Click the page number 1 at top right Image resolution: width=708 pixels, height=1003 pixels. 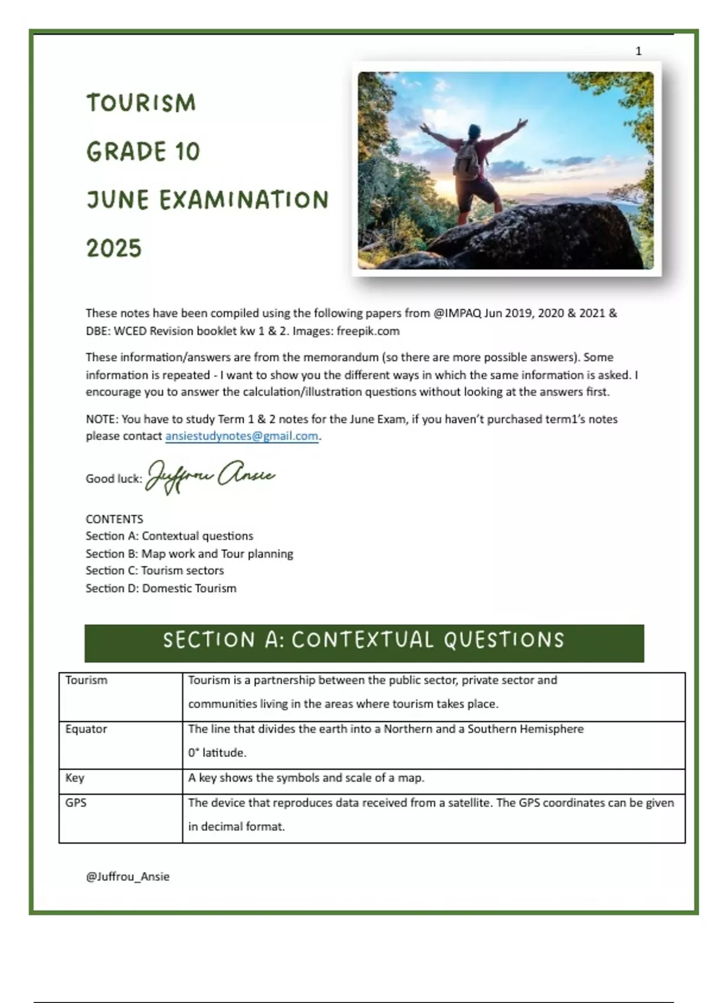click(x=638, y=51)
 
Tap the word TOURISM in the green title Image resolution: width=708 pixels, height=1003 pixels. click(x=141, y=103)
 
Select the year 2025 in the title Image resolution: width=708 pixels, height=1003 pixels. click(x=114, y=248)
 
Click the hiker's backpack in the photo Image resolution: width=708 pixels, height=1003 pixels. click(x=467, y=158)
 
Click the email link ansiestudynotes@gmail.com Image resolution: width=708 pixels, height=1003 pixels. click(x=241, y=436)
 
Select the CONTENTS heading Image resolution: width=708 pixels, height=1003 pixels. click(x=114, y=519)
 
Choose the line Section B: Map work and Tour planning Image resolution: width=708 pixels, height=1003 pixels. click(x=189, y=553)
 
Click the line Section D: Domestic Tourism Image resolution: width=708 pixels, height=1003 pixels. click(x=160, y=588)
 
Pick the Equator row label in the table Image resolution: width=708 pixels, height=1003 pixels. click(x=86, y=729)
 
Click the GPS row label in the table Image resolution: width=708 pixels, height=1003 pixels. click(x=76, y=802)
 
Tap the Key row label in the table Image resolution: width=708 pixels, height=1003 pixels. click(x=75, y=778)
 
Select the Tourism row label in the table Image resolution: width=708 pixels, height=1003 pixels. click(x=86, y=680)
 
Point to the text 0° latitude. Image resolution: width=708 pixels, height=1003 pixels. click(x=217, y=753)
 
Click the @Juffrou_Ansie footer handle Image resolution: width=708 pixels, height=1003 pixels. click(x=127, y=877)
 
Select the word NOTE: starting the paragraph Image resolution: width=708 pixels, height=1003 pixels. click(x=102, y=419)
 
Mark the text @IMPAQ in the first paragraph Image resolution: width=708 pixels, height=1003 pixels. click(x=457, y=313)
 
